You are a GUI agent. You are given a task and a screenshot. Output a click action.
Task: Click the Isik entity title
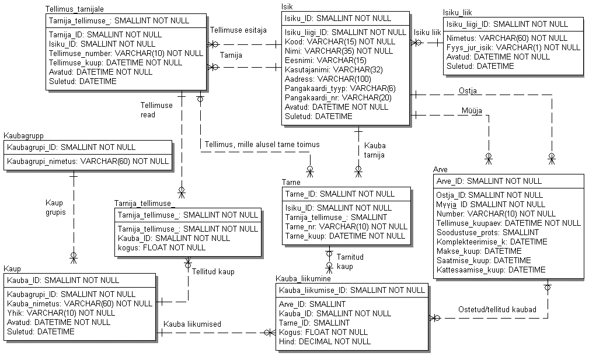tap(287, 6)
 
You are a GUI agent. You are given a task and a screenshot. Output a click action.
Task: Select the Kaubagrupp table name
tap(23, 135)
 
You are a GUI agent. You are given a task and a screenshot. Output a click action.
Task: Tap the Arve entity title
tap(440, 169)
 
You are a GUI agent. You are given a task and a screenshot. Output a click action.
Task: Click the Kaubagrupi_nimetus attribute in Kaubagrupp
tap(88, 161)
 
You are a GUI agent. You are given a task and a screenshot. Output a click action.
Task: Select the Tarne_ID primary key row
tap(340, 194)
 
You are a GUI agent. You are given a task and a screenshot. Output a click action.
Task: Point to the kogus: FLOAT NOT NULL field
tap(162, 247)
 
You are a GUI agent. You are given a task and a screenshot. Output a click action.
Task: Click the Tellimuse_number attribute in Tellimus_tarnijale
tap(125, 53)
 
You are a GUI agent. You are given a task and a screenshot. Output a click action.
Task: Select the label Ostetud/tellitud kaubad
tap(497, 310)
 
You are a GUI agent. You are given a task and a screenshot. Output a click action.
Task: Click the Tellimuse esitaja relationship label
tap(238, 30)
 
